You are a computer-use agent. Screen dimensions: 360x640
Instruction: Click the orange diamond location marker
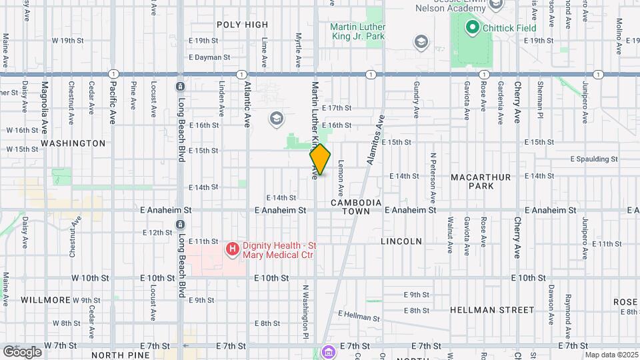click(x=320, y=160)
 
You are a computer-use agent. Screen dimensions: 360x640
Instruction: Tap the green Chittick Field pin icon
click(x=473, y=27)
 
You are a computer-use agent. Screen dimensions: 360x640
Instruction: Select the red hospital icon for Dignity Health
click(x=232, y=249)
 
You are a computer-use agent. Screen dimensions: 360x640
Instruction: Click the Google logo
click(x=22, y=352)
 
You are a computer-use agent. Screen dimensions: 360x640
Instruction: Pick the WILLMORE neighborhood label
click(x=45, y=300)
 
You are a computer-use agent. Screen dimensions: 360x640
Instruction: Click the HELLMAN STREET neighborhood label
click(x=492, y=310)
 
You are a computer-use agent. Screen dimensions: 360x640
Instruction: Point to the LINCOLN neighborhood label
click(x=401, y=241)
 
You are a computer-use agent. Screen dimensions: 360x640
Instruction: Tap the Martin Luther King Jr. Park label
click(x=358, y=31)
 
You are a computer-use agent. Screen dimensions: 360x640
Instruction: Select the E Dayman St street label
click(x=209, y=58)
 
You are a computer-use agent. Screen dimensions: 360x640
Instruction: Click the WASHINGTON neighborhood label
click(x=73, y=143)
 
